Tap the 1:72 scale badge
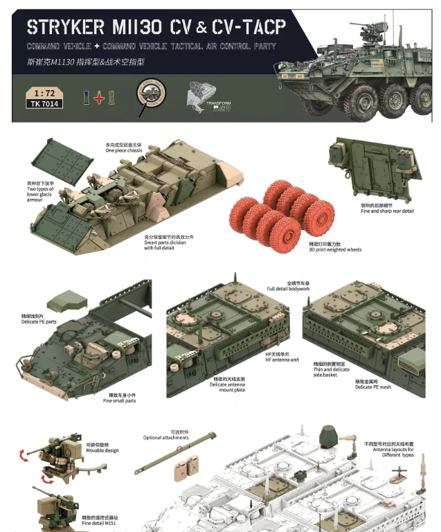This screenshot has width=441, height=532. (44, 92)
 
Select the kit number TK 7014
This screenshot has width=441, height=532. (44, 104)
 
